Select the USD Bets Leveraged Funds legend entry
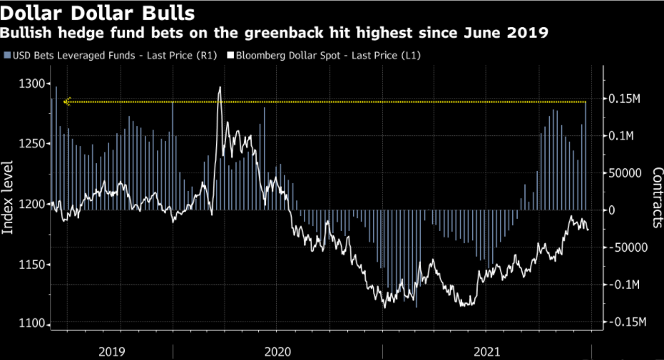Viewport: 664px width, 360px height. (x=103, y=55)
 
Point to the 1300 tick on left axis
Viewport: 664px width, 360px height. (x=29, y=84)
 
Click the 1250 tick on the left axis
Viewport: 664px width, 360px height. (x=29, y=144)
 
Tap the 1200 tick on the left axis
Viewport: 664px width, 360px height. (x=29, y=205)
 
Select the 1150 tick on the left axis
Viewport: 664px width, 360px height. (x=29, y=265)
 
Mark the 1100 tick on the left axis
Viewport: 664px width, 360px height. (x=29, y=325)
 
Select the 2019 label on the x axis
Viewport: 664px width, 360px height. (x=112, y=351)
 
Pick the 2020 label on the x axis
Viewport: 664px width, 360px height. (x=277, y=351)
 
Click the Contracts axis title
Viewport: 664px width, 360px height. (x=657, y=197)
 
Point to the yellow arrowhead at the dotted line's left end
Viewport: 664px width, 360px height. (x=66, y=102)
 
